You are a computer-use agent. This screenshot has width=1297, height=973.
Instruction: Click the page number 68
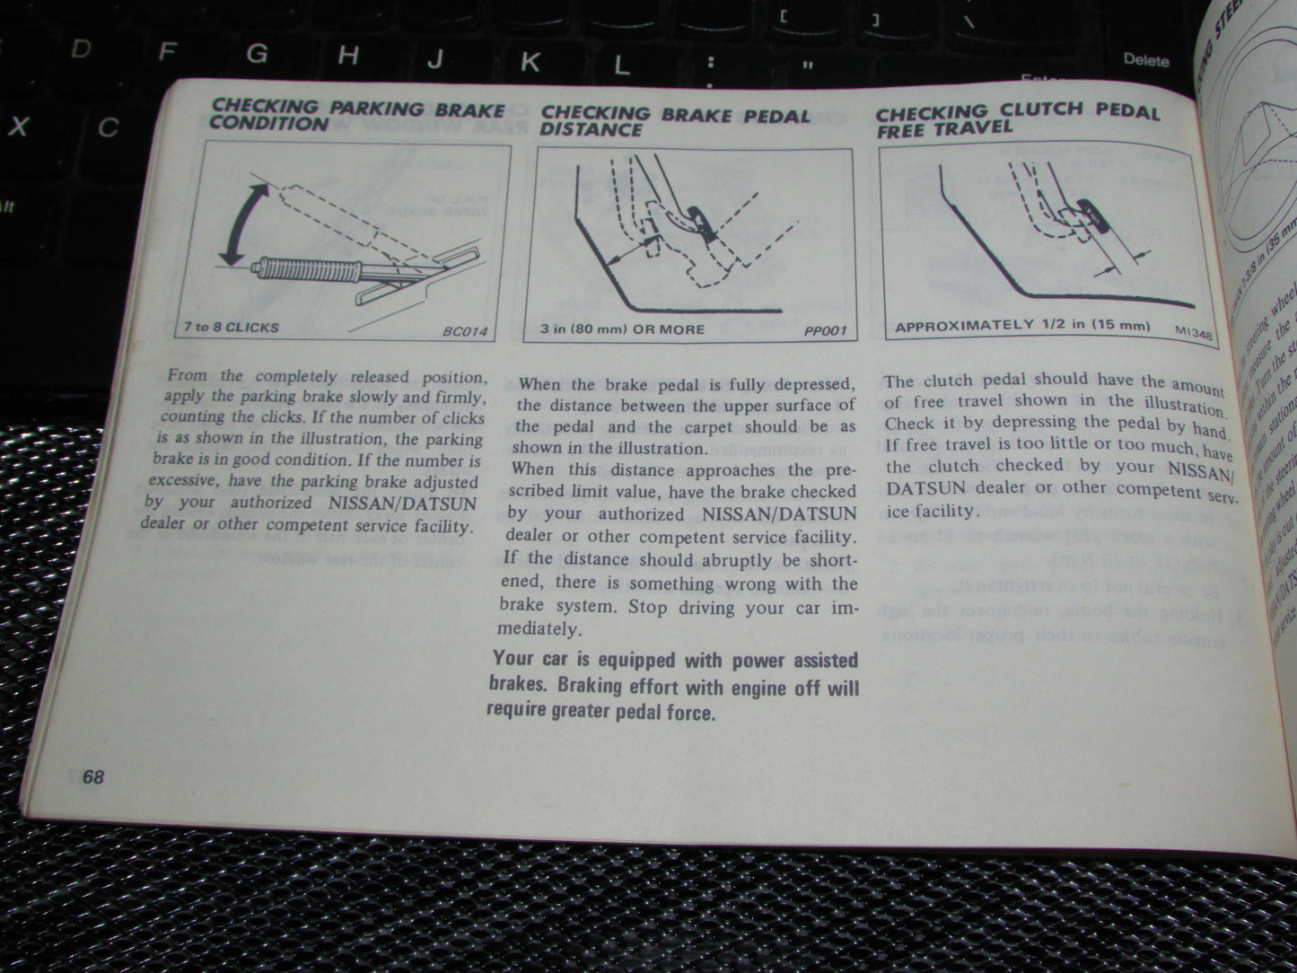tap(92, 777)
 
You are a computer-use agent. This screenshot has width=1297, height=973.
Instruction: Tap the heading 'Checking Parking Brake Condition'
tap(356, 115)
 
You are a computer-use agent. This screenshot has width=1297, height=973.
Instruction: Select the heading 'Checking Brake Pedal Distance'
tap(675, 121)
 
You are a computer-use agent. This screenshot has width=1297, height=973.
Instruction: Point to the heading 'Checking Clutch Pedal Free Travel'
tap(1016, 118)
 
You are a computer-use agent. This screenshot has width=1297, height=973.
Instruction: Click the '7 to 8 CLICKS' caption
tap(232, 327)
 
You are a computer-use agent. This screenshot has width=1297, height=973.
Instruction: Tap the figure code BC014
tap(465, 331)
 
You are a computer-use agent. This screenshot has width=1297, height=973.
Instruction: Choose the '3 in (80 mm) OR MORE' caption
tap(623, 329)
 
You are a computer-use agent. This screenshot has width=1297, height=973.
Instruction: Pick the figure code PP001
tap(826, 331)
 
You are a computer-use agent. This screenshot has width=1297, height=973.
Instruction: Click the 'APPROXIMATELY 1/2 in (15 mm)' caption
tap(1021, 326)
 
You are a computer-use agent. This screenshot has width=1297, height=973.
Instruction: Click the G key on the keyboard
tap(257, 55)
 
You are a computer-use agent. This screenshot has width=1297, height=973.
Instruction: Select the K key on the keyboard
tap(530, 61)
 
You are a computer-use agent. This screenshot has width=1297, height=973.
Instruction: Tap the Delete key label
tap(1146, 60)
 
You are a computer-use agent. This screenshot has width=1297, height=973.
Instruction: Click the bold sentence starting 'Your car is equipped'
tap(673, 687)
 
